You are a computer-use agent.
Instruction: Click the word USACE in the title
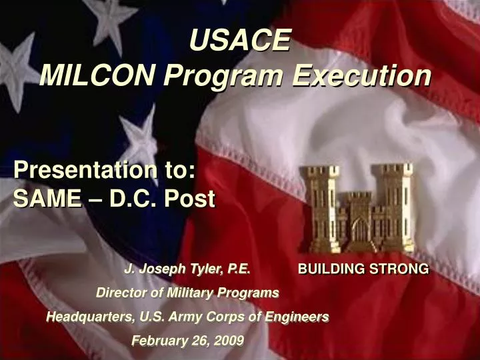(x=240, y=41)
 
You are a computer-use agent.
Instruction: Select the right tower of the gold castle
(x=395, y=207)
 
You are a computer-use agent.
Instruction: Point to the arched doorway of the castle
(x=360, y=231)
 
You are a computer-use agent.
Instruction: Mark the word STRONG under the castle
(x=401, y=269)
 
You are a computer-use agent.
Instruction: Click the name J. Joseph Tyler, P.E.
(x=187, y=269)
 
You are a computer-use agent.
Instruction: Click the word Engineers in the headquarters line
(x=297, y=317)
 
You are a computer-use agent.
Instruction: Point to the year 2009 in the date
(x=230, y=341)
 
